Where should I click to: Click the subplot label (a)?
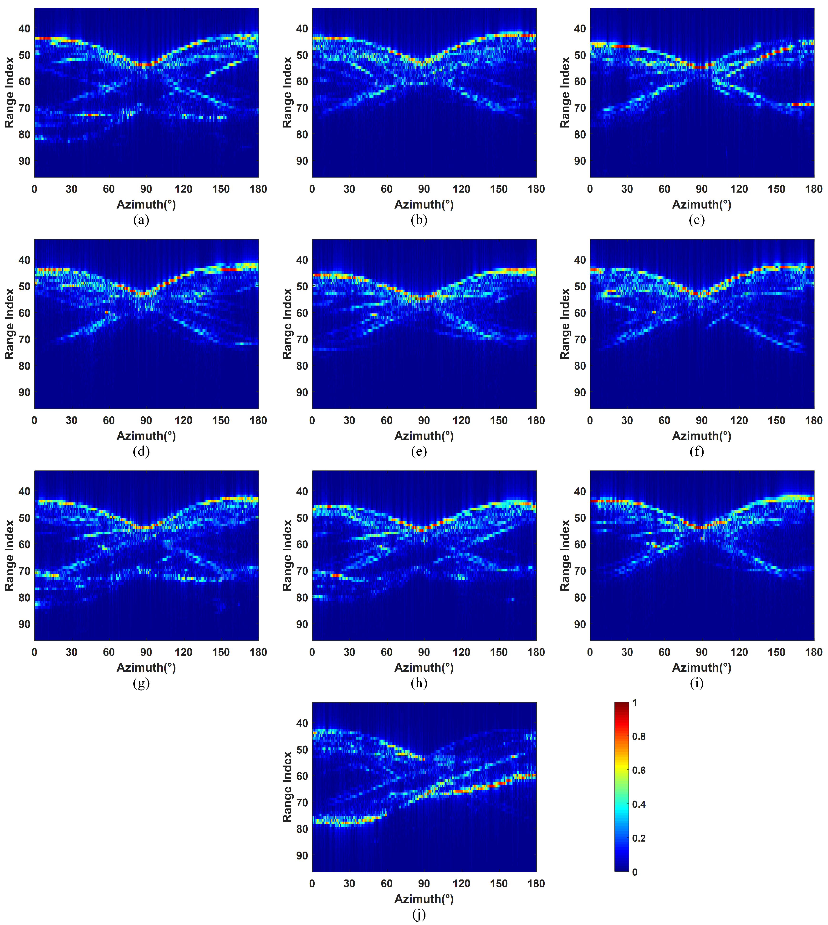(x=141, y=220)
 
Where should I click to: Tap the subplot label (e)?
(x=419, y=451)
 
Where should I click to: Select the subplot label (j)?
(x=419, y=915)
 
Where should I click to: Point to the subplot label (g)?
(x=141, y=683)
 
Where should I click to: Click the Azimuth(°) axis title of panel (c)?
(x=701, y=205)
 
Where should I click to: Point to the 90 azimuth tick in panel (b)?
(x=424, y=189)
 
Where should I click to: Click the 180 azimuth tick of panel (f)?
(x=813, y=420)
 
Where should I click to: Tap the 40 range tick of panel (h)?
(x=302, y=491)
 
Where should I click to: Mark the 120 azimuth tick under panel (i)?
(x=739, y=652)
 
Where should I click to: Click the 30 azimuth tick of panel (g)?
(x=72, y=652)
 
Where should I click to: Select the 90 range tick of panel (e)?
(x=302, y=392)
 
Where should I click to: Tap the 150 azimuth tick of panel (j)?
(x=499, y=884)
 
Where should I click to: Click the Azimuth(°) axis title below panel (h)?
(x=424, y=668)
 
